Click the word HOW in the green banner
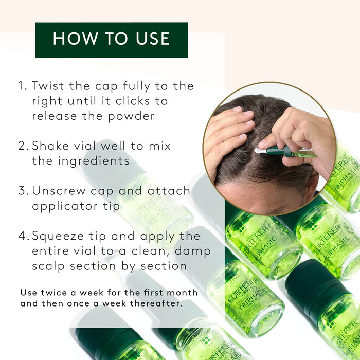tap(76, 39)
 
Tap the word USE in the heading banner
tap(153, 39)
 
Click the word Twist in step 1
tap(48, 86)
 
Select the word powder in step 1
tap(131, 116)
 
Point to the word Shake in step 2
tap(50, 146)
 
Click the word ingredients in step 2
tap(94, 161)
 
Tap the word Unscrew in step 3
tap(59, 191)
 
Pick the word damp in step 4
tap(193, 251)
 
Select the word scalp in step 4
tap(48, 266)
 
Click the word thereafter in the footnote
tap(156, 303)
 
